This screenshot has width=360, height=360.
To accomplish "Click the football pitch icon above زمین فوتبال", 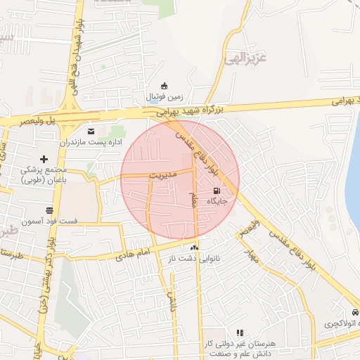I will pyautogui.click(x=165, y=85).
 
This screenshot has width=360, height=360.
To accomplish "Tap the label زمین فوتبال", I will pyautogui.click(x=165, y=96).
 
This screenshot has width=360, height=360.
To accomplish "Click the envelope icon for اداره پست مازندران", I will pyautogui.click(x=91, y=131).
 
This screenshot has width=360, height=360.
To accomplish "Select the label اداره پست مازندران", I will pyautogui.click(x=91, y=142).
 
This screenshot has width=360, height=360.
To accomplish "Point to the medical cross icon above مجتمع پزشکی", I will pyautogui.click(x=44, y=160).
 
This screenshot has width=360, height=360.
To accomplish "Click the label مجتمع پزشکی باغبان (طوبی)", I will pyautogui.click(x=41, y=175).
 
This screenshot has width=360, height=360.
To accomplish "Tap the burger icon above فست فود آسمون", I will pyautogui.click(x=49, y=210).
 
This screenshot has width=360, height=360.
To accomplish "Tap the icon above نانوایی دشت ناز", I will pyautogui.click(x=194, y=247).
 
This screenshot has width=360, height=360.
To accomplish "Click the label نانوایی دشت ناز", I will pyautogui.click(x=197, y=258).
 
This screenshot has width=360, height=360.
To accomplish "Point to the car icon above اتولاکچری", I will pyautogui.click(x=354, y=312).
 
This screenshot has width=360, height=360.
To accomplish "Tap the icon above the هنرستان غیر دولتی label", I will pyautogui.click(x=240, y=333).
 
